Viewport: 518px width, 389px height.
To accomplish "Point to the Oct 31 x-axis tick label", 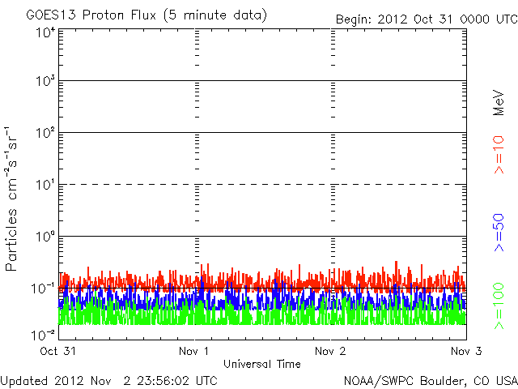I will [x=57, y=352].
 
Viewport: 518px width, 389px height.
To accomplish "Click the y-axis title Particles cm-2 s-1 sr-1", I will [x=12, y=199].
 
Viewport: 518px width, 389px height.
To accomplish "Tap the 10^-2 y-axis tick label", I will [x=43, y=334].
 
